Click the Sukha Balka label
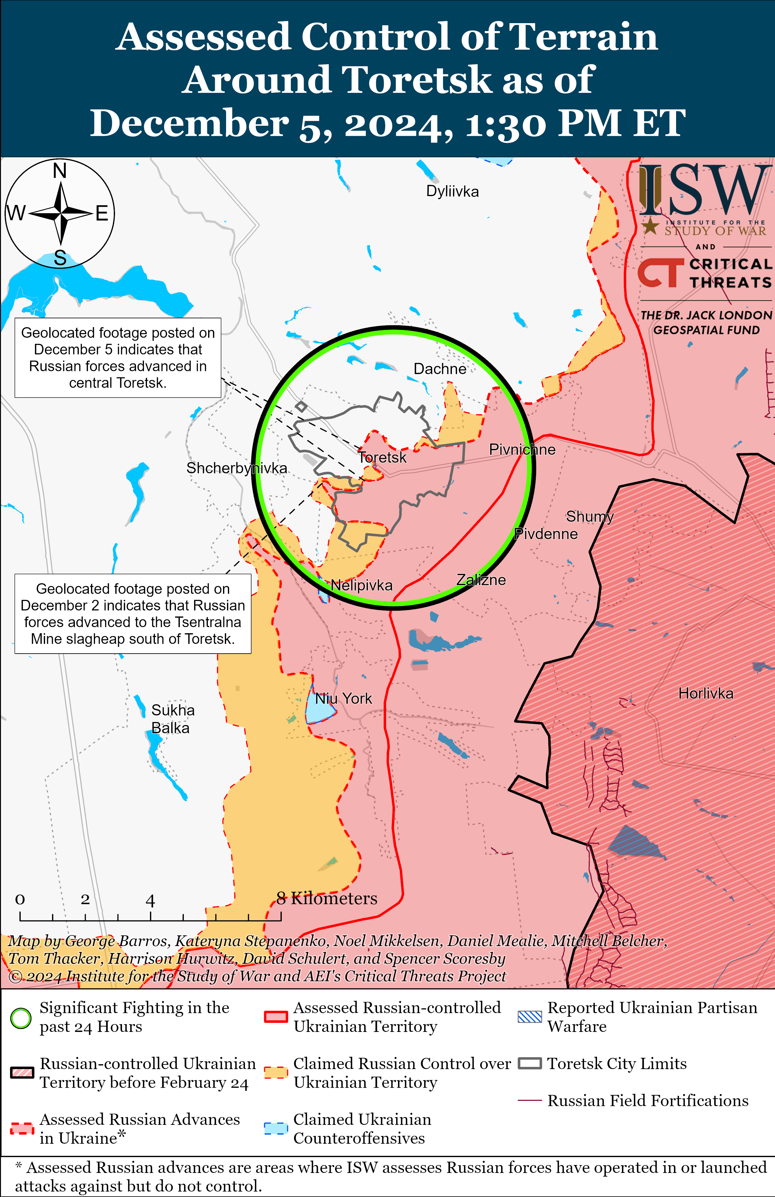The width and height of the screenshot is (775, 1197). pyautogui.click(x=173, y=719)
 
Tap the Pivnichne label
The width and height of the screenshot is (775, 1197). pyautogui.click(x=522, y=449)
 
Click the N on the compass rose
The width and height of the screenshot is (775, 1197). pyautogui.click(x=60, y=171)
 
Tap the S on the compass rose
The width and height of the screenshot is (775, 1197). pyautogui.click(x=60, y=258)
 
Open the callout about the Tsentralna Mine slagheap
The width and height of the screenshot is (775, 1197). pyautogui.click(x=133, y=614)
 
